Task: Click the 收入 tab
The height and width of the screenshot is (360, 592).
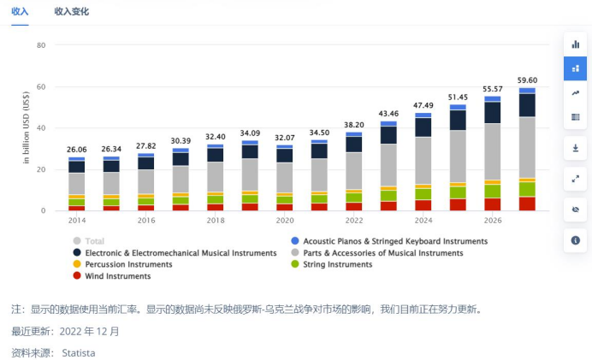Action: point(20,12)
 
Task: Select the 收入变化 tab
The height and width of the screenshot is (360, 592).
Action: point(71,12)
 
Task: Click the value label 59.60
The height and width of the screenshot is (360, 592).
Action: point(527,80)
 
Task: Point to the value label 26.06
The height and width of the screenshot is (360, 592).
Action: point(77,150)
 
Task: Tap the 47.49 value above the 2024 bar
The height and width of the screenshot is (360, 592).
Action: point(423,105)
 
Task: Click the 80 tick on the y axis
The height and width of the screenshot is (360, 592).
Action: point(40,45)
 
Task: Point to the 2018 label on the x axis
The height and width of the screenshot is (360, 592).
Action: point(216,220)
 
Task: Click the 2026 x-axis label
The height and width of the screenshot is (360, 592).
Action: point(493,220)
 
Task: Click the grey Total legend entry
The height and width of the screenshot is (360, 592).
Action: point(94,241)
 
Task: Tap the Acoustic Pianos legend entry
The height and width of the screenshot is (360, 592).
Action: point(394,241)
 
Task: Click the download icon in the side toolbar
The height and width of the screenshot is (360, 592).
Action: point(576,148)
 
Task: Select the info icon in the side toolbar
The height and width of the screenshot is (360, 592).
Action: point(576,240)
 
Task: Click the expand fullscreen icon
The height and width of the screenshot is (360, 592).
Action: point(576,179)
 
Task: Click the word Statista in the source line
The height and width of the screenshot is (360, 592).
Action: point(79,352)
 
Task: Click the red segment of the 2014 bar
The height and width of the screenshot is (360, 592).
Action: point(77,208)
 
